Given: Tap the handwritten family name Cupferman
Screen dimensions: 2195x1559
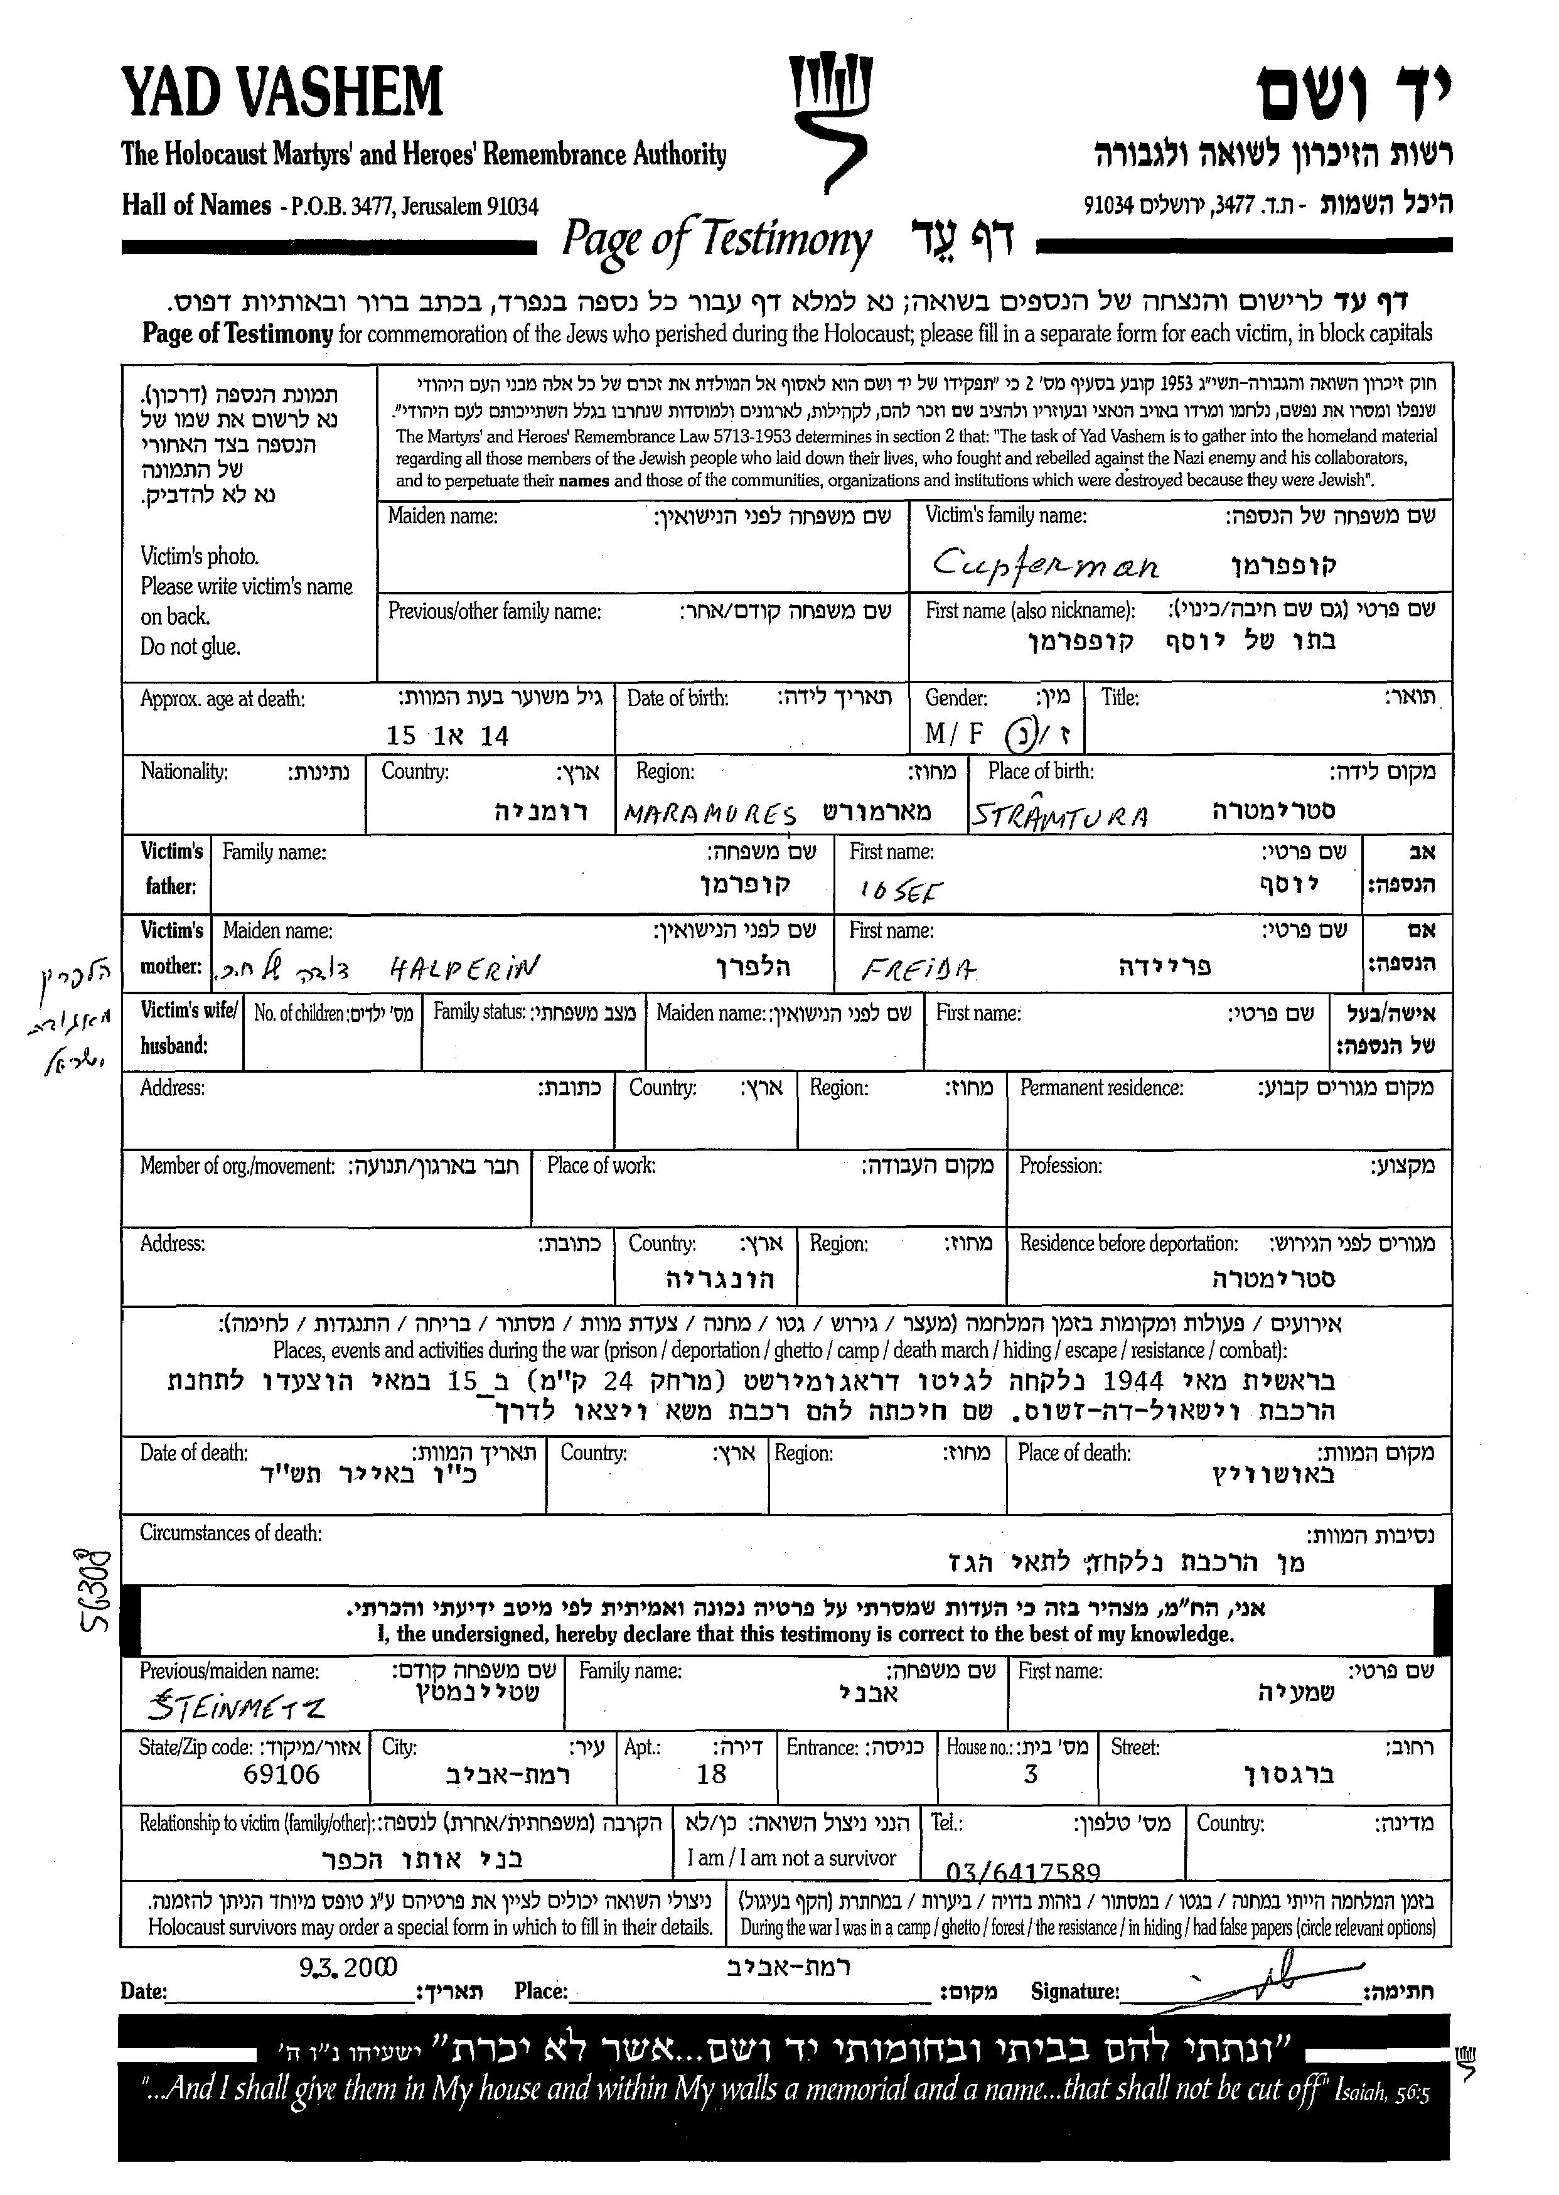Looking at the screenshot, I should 1046,564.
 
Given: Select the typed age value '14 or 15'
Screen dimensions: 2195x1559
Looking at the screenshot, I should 447,736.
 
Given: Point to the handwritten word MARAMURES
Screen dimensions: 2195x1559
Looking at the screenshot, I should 710,814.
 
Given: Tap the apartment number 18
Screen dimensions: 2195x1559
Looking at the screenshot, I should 711,1773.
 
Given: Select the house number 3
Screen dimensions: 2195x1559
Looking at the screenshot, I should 1030,1773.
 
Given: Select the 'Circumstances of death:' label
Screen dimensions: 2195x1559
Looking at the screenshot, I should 230,1533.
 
